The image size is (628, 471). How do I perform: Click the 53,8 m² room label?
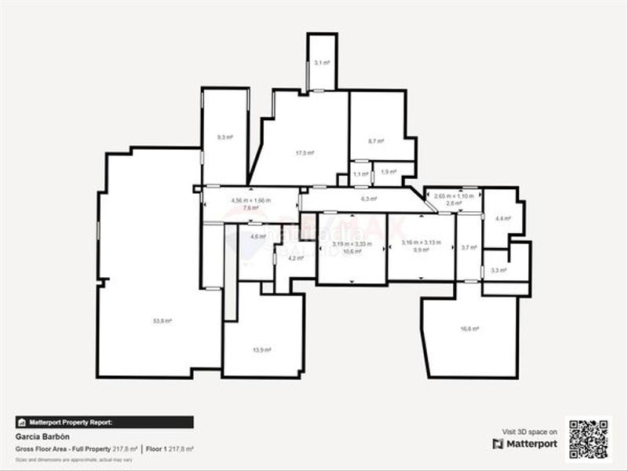coord(163,321)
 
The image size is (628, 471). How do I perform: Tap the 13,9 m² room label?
coord(263,349)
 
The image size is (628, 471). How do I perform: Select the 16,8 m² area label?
coord(471,329)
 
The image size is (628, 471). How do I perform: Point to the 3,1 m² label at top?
coord(322,62)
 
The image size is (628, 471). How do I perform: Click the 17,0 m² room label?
coord(305,153)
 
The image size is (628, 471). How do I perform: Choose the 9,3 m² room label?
coord(225,137)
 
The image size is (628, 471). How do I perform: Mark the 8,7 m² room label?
coord(377,141)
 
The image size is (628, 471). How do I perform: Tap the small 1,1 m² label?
coord(360,174)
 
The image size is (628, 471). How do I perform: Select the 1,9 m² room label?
coord(388,172)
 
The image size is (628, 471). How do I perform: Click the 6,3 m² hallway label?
coord(369,199)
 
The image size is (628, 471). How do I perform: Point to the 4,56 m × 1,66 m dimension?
coord(250,200)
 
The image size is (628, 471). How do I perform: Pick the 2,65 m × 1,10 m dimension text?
coord(455,195)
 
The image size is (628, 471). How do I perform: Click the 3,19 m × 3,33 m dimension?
coord(352,243)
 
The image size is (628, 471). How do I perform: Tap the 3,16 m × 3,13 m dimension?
coord(422,243)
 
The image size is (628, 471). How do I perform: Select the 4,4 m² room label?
coord(503,219)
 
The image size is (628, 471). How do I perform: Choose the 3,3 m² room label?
coord(498,271)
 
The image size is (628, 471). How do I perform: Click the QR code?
coord(589,440)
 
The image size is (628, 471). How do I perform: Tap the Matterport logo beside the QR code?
coord(525,444)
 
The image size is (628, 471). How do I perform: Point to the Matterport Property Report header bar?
coord(104,422)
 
